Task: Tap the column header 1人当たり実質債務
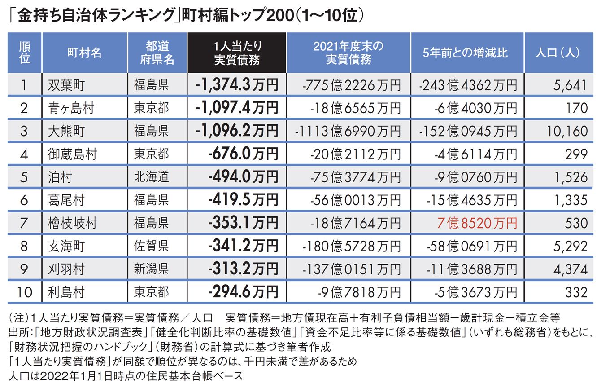(237, 52)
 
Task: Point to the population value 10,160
(567, 131)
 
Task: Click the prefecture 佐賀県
(152, 246)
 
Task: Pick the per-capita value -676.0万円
(243, 154)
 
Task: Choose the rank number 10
(25, 292)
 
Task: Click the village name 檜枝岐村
(72, 223)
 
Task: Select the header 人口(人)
(557, 52)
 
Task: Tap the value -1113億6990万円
(348, 131)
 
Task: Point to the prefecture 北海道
(152, 176)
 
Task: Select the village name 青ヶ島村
(72, 107)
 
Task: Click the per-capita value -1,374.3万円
(237, 84)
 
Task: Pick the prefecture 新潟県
(152, 269)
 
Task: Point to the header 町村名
(84, 52)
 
